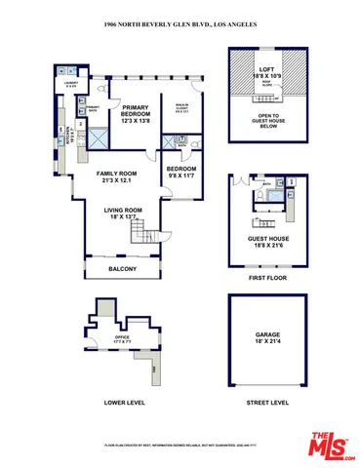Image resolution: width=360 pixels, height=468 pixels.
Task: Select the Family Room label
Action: [x=113, y=175]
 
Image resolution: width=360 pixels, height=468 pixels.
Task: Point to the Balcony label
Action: [x=122, y=269]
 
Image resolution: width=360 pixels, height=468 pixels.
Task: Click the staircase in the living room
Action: [x=147, y=234]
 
